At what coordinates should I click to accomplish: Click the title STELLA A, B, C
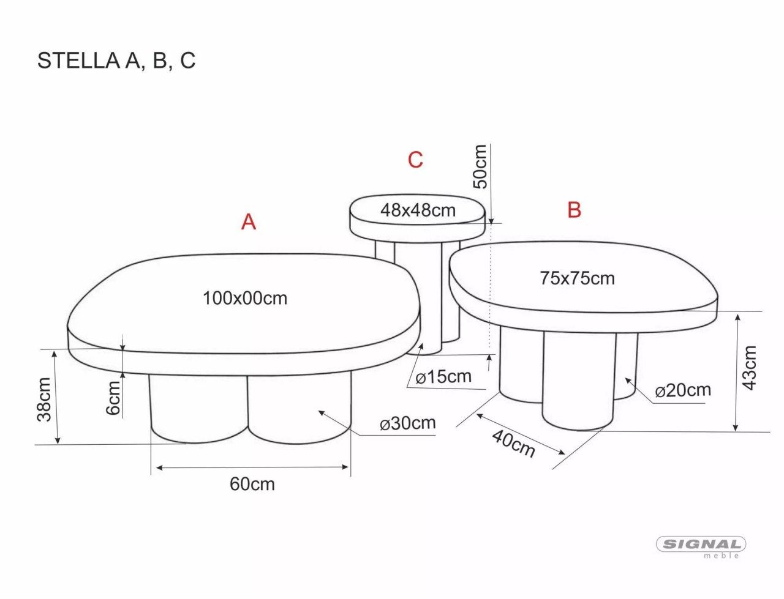coord(116,61)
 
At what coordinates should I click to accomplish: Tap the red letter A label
coord(249,222)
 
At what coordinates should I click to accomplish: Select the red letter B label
coord(575,209)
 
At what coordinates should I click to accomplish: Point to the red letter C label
coord(415,160)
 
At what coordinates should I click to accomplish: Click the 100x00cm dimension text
coord(244,298)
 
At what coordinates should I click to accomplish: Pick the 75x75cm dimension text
coord(577,278)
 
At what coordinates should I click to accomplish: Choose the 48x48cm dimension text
coord(418,210)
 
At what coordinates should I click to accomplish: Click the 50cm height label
coord(480,166)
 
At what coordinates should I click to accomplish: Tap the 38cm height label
coord(44,399)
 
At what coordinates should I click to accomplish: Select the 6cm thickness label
coord(113,398)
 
